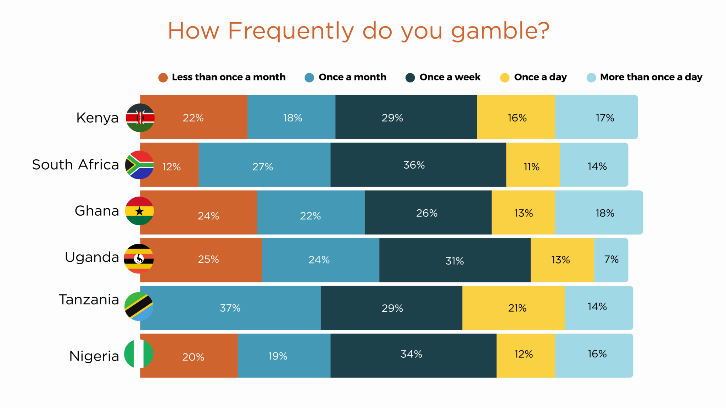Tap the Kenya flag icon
click(140, 118)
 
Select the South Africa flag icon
click(140, 165)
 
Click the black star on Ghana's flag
click(139, 211)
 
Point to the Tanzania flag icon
click(139, 306)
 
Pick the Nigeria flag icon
click(139, 354)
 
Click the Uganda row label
click(92, 257)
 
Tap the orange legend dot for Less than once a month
click(163, 78)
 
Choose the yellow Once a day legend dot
click(504, 78)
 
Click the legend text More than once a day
click(651, 77)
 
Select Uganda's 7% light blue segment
click(611, 260)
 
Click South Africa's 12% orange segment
click(171, 166)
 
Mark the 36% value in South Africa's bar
click(414, 165)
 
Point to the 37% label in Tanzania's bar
click(230, 308)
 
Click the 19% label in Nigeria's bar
click(278, 356)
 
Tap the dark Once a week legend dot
click(410, 78)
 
